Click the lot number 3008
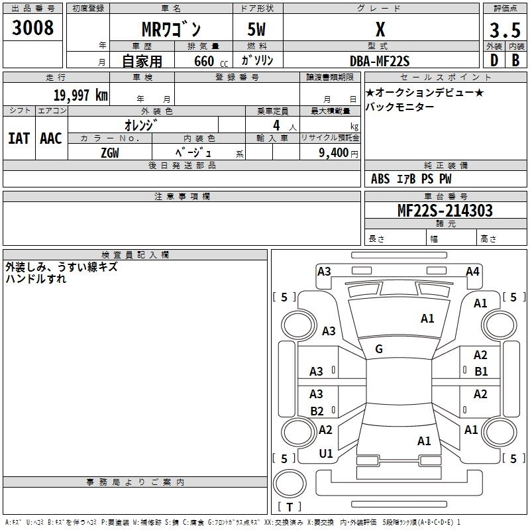(x=32, y=27)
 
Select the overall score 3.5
(x=505, y=30)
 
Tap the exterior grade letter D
(x=494, y=60)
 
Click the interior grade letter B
(x=515, y=60)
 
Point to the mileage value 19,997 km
(x=80, y=95)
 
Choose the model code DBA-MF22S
(x=380, y=61)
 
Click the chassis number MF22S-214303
(x=445, y=210)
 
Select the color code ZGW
(x=110, y=153)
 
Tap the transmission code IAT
(x=19, y=138)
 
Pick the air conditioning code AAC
(x=51, y=138)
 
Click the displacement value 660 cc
(x=211, y=61)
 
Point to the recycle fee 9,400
(x=334, y=153)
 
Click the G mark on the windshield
(x=379, y=349)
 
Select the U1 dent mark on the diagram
(x=326, y=454)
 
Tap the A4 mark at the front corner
(x=472, y=272)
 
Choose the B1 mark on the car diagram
(x=481, y=372)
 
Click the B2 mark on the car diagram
(x=317, y=411)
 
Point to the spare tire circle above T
(x=290, y=484)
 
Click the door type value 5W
(x=256, y=29)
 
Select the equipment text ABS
(x=380, y=179)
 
